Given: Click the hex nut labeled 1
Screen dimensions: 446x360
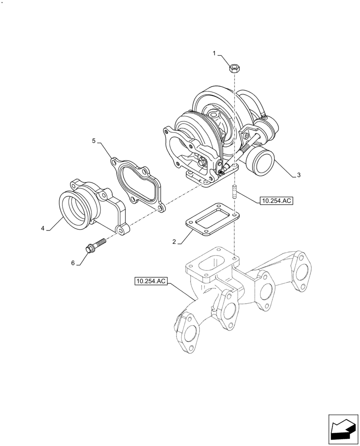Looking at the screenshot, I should point(234,68).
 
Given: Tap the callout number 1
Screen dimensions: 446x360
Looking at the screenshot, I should point(214,54).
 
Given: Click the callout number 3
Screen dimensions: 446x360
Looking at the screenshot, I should point(299,175).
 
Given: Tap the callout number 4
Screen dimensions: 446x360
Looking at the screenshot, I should point(43,228).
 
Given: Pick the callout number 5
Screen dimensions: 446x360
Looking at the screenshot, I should point(94,141).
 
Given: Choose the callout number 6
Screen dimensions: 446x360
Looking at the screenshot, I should point(73,263).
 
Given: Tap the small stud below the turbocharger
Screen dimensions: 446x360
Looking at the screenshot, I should point(233,192).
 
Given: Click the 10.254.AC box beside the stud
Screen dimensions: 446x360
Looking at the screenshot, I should point(276,201).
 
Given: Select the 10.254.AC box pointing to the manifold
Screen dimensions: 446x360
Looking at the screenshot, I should point(150,281).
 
